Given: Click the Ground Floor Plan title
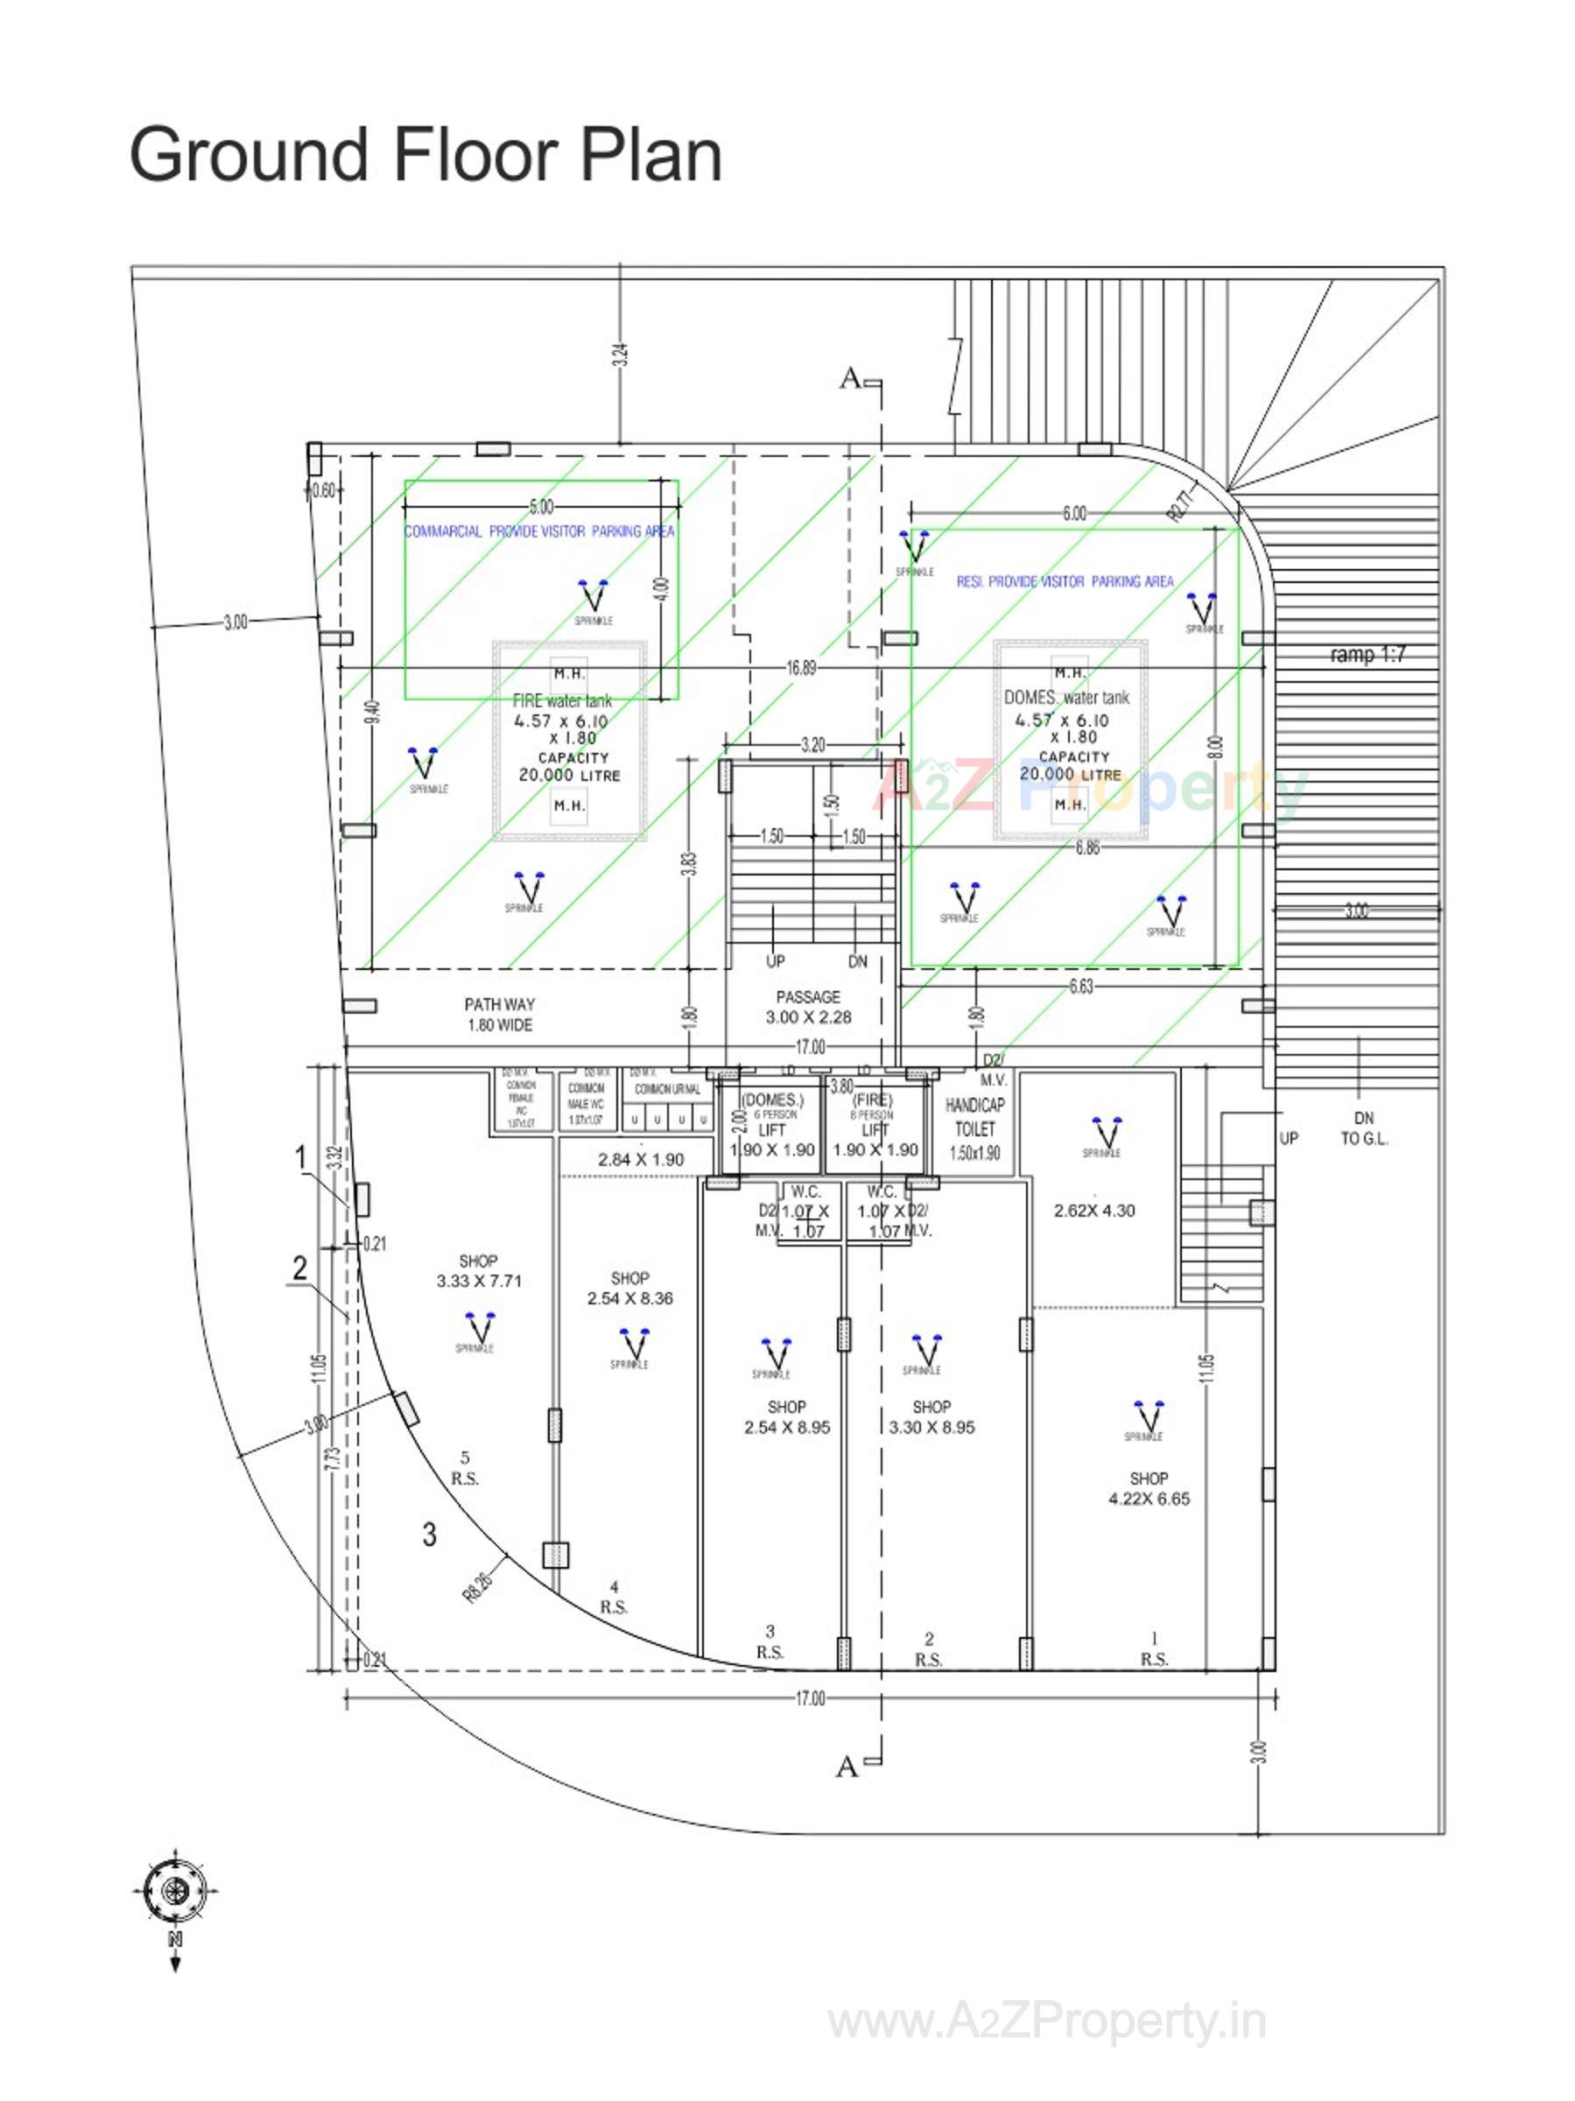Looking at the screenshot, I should (425, 155).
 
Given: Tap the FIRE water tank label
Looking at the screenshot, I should (561, 701).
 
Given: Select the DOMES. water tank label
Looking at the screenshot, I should (1065, 697).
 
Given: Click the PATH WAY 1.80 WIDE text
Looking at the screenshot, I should (499, 1014).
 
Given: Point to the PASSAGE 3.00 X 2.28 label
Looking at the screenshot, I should (807, 1006).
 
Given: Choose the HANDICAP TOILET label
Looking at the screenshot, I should (974, 1117).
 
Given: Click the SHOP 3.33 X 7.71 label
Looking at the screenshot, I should (478, 1270).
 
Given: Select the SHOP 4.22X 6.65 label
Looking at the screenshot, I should (1148, 1487).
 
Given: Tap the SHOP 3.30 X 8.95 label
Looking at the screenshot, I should (930, 1416).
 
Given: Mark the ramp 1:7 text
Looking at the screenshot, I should (1366, 655).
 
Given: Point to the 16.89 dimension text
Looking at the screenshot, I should (800, 668).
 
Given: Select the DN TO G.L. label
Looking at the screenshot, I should (1363, 1128).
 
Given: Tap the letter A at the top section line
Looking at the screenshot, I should (849, 379).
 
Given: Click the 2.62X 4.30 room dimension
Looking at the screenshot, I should (1093, 1211).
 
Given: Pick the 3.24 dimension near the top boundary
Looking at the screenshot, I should (619, 356).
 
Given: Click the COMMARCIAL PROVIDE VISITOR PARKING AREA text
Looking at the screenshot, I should (538, 532).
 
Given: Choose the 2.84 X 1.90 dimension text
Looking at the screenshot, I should (640, 1159).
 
